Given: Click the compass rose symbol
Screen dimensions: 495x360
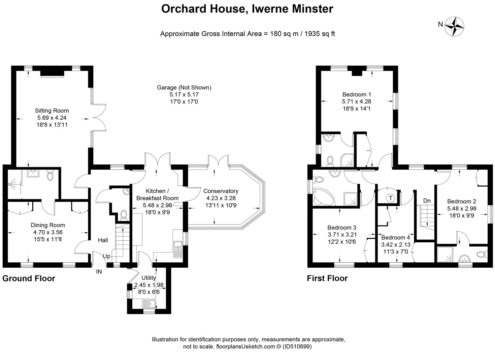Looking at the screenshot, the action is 454,26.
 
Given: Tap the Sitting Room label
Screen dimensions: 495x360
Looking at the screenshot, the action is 52,110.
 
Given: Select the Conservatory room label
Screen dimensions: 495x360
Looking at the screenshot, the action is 221,191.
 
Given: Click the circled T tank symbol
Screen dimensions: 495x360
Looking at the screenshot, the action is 391,198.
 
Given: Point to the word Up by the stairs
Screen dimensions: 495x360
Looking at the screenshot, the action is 107,256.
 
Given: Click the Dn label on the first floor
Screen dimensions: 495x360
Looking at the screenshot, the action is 427,201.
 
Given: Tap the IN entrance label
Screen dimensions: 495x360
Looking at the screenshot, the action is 99,272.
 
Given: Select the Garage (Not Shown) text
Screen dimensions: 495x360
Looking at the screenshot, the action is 184,88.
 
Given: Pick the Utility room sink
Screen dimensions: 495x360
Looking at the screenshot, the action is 149,304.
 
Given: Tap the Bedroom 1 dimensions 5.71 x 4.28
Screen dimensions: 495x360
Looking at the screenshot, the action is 356,102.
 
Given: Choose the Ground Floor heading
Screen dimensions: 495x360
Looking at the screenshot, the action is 29,279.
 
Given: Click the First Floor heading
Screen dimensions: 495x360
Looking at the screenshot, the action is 327,278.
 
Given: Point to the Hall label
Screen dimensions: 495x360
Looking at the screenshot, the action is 103,240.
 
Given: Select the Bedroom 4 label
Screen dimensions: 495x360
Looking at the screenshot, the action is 396,237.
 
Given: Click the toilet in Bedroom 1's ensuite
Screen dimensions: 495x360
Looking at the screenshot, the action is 330,161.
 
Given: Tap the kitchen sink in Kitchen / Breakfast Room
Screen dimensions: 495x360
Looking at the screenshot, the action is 178,249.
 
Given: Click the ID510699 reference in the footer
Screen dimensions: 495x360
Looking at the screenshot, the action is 297,346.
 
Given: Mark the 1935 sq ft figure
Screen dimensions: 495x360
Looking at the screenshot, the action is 320,34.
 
